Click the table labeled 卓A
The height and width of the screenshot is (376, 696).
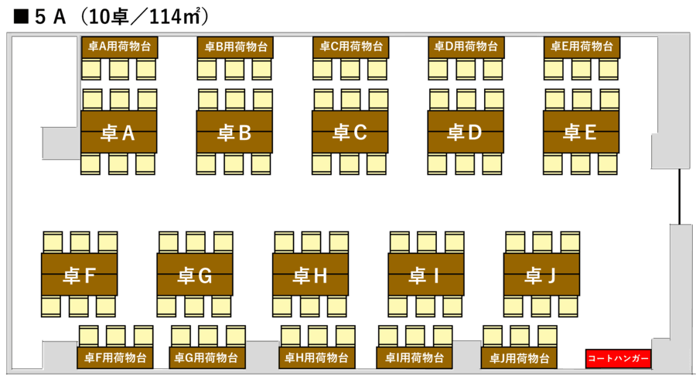[118, 132]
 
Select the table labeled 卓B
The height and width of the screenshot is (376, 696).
[234, 132]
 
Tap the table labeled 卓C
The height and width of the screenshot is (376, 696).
[350, 132]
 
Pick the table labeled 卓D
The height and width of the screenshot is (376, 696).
[466, 132]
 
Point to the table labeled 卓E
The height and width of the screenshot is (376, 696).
[581, 132]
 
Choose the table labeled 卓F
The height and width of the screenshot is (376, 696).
[80, 275]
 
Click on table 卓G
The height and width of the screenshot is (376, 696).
[195, 275]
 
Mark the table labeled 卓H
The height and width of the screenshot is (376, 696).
[311, 275]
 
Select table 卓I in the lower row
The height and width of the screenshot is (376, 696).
[426, 275]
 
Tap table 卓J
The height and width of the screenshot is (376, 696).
[541, 275]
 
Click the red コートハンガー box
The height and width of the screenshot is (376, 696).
[619, 358]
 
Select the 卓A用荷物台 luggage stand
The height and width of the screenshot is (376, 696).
[119, 47]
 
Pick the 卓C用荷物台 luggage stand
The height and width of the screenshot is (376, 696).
[350, 47]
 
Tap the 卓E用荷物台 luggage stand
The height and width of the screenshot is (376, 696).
[582, 47]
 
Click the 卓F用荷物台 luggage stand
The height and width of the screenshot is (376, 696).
[115, 357]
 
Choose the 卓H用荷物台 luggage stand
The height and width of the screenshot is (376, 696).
[317, 357]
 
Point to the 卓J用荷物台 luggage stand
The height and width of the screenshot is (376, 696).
[519, 357]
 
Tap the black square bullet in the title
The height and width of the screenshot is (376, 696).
[21, 17]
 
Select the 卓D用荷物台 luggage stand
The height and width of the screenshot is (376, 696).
[466, 47]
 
